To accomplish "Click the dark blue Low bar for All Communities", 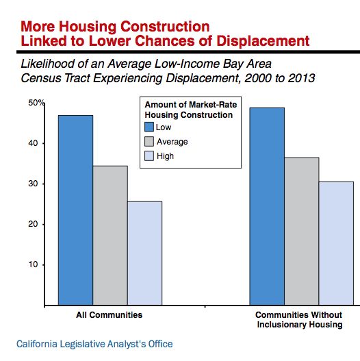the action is (76, 210).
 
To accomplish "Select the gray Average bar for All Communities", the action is (110, 236).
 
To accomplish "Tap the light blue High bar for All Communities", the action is (144, 253).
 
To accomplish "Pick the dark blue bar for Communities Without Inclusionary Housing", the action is (267, 206).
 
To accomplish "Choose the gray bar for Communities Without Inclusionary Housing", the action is (302, 232).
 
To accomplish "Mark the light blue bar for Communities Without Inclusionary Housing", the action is (336, 243).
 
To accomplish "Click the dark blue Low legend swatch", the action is (149, 127).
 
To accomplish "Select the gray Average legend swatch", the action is (149, 142).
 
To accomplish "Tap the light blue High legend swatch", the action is (149, 156).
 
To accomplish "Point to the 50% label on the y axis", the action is (36, 103).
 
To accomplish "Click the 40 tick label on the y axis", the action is (33, 143).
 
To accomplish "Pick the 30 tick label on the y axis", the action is (33, 184).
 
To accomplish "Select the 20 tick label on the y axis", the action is (33, 224).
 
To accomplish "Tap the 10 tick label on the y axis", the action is (33, 264).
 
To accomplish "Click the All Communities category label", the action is (110, 314).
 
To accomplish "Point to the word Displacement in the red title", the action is (263, 41).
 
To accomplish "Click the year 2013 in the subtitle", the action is (302, 78).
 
